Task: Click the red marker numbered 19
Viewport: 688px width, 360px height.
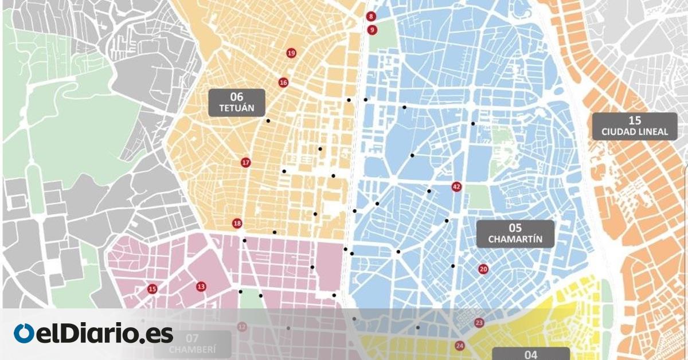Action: pyautogui.click(x=291, y=53)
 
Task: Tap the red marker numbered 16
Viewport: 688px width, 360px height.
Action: pyautogui.click(x=283, y=83)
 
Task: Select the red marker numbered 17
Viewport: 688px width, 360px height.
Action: pyautogui.click(x=246, y=163)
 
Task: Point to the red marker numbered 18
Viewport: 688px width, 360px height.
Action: pyautogui.click(x=237, y=224)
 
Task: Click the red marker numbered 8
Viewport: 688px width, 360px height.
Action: pyautogui.click(x=372, y=17)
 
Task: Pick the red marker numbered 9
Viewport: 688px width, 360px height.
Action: pyautogui.click(x=372, y=29)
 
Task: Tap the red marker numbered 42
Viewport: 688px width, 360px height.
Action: pyautogui.click(x=456, y=187)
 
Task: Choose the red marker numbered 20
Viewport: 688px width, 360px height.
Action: pyautogui.click(x=483, y=269)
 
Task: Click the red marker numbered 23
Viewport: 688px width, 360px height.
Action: pyautogui.click(x=479, y=323)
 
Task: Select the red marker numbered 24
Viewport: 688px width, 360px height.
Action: pyautogui.click(x=460, y=346)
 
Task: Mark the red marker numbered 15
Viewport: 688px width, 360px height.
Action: pyautogui.click(x=152, y=289)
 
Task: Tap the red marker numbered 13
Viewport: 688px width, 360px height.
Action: pyautogui.click(x=201, y=287)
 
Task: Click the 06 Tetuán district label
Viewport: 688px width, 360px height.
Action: pyautogui.click(x=237, y=103)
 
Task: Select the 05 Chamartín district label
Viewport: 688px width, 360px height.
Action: pyautogui.click(x=515, y=234)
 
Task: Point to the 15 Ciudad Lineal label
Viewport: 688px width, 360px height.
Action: pyautogui.click(x=635, y=126)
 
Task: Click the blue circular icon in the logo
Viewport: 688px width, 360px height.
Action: pyautogui.click(x=24, y=333)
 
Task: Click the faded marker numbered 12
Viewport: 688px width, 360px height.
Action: pyautogui.click(x=242, y=327)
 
